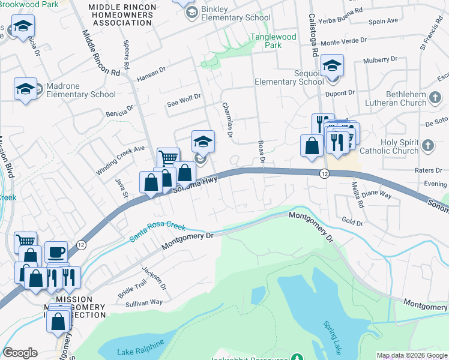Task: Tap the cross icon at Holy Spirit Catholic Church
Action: click(427, 146)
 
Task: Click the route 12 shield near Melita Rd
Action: click(324, 173)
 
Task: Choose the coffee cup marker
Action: click(56, 253)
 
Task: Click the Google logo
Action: click(20, 353)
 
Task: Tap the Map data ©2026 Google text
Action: click(412, 355)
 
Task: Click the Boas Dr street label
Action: click(261, 150)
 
